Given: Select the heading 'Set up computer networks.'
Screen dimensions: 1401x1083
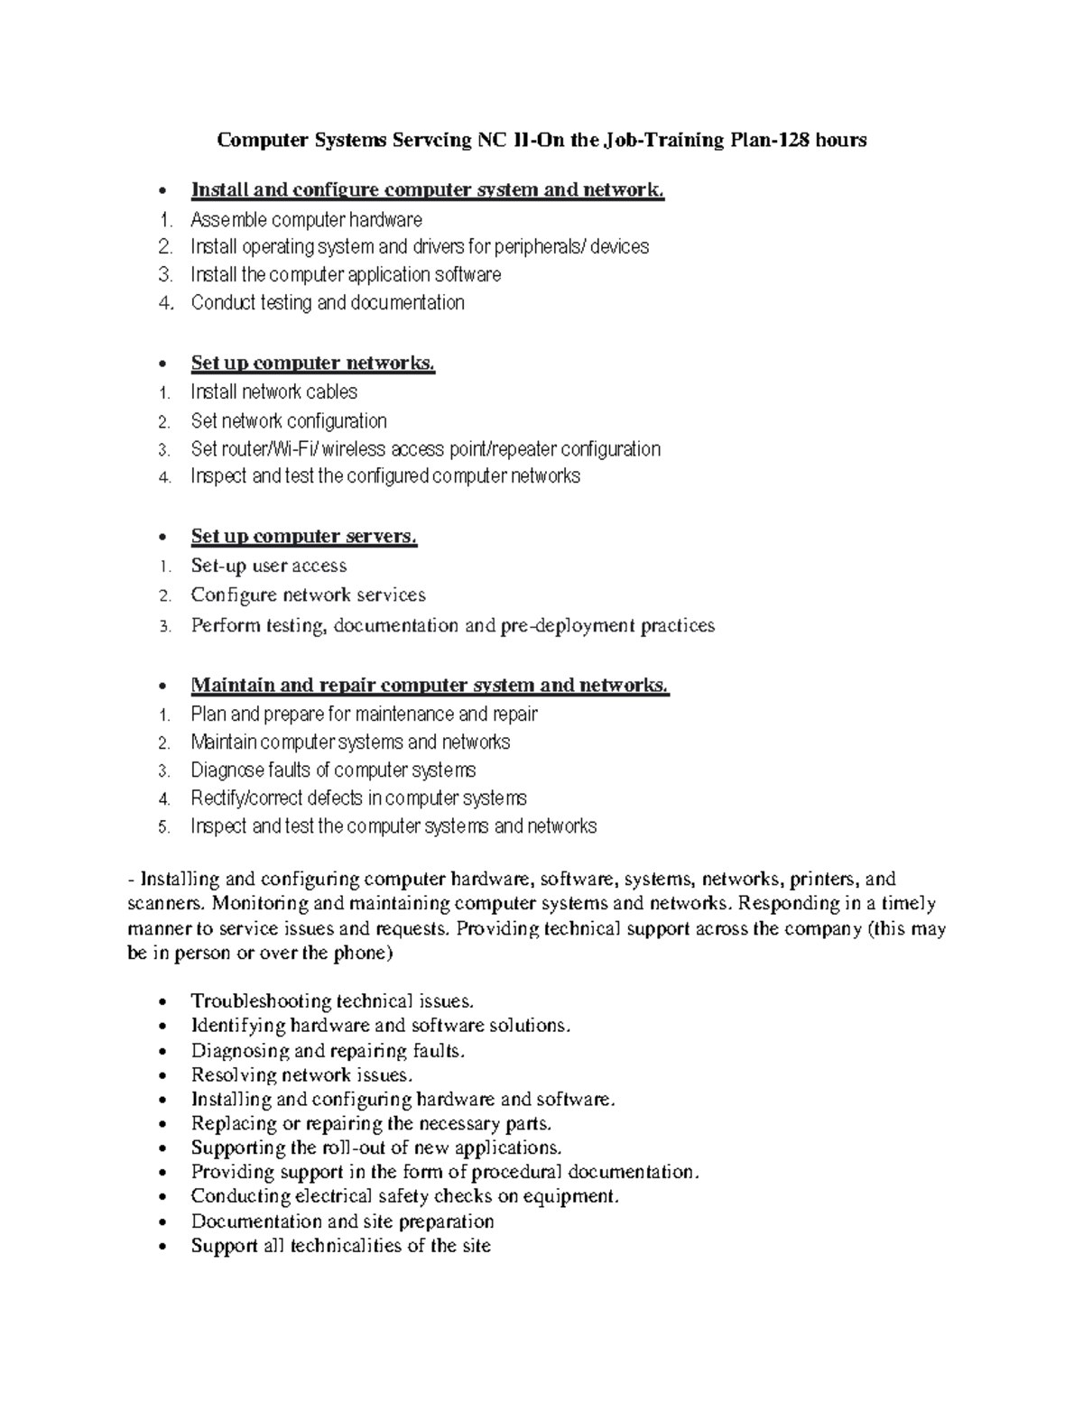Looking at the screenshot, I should pyautogui.click(x=312, y=364).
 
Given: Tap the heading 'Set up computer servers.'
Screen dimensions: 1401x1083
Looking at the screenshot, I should pyautogui.click(x=303, y=537).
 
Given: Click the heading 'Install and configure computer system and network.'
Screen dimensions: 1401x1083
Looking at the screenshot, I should pyautogui.click(x=427, y=190).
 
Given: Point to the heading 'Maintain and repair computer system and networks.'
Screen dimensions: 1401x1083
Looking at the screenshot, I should pyautogui.click(x=430, y=686).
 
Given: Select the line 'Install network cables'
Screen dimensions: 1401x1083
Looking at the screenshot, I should pyautogui.click(x=273, y=392).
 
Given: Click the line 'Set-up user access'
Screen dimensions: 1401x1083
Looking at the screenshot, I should pyautogui.click(x=268, y=567).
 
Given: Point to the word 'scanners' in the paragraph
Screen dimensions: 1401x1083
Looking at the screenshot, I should pyautogui.click(x=157, y=904).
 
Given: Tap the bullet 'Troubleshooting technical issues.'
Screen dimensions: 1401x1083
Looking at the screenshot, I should pyautogui.click(x=331, y=1001).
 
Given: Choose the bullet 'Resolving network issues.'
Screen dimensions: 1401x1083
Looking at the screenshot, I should pyautogui.click(x=301, y=1075).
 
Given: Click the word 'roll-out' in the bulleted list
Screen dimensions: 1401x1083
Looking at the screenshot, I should pyautogui.click(x=354, y=1148).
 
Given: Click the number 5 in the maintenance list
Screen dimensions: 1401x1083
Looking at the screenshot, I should pyautogui.click(x=163, y=827).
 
